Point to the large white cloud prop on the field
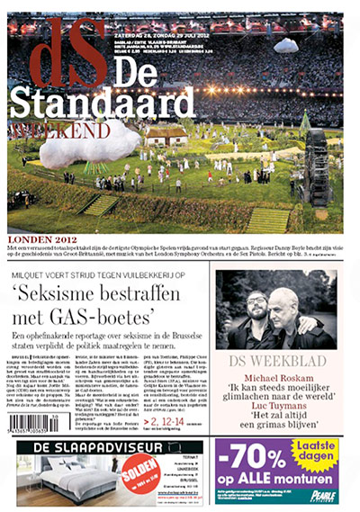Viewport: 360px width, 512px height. coord(89,149)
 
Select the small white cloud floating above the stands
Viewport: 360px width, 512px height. coord(285,44)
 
